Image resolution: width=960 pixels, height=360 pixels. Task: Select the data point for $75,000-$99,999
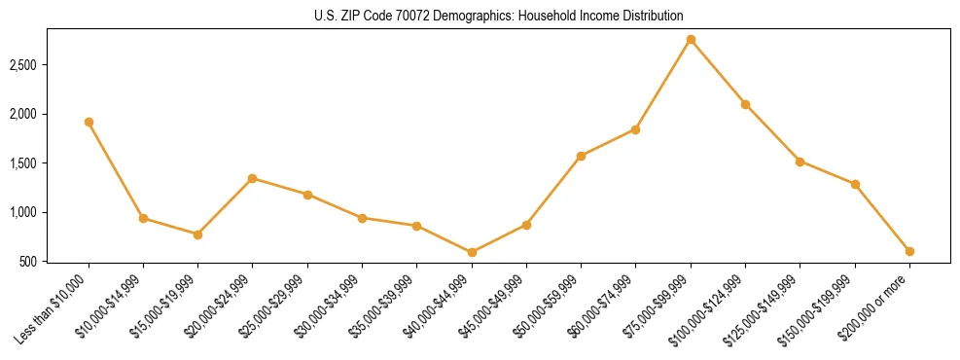pyautogui.click(x=691, y=40)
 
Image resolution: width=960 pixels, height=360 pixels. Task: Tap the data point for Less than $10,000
pyautogui.click(x=89, y=123)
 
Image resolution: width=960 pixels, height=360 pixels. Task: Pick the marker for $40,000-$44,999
pyautogui.click(x=472, y=252)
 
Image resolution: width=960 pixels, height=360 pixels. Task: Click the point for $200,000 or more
pyautogui.click(x=909, y=251)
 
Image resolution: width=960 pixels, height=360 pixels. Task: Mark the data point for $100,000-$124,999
pyautogui.click(x=745, y=104)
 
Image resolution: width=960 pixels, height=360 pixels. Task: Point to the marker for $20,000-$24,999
pyautogui.click(x=253, y=178)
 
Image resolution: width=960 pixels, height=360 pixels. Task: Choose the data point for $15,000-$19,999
pyautogui.click(x=197, y=234)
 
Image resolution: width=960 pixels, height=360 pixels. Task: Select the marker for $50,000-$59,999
pyautogui.click(x=581, y=156)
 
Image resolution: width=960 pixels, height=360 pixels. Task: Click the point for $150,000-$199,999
pyautogui.click(x=855, y=184)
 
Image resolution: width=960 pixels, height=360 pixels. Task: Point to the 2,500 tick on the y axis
pyautogui.click(x=23, y=65)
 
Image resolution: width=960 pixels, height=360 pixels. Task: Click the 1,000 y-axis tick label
pyautogui.click(x=23, y=212)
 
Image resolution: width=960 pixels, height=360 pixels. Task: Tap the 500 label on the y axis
pyautogui.click(x=29, y=262)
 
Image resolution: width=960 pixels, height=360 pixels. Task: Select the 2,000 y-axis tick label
pyautogui.click(x=23, y=114)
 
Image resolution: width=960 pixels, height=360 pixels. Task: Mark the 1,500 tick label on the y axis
pyautogui.click(x=23, y=163)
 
